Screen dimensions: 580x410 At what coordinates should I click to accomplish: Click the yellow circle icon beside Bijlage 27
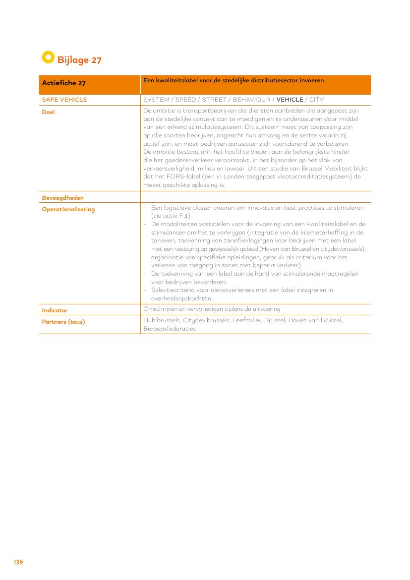(48, 58)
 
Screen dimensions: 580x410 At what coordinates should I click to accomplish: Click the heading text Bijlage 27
(79, 60)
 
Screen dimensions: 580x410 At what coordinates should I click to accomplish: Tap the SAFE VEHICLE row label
(64, 100)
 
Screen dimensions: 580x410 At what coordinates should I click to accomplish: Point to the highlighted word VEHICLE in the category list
(290, 100)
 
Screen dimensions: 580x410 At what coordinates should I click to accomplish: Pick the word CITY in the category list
(316, 100)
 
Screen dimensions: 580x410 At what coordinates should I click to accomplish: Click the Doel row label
(49, 112)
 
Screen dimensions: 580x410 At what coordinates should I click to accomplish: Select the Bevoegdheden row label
(62, 198)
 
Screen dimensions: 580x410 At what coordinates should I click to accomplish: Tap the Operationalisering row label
(68, 209)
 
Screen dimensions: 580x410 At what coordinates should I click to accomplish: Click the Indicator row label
(55, 310)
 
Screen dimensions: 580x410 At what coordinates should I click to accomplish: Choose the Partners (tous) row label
(63, 322)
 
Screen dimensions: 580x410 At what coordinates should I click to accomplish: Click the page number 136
(18, 562)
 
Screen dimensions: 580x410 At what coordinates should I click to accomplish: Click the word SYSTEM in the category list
(156, 100)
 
